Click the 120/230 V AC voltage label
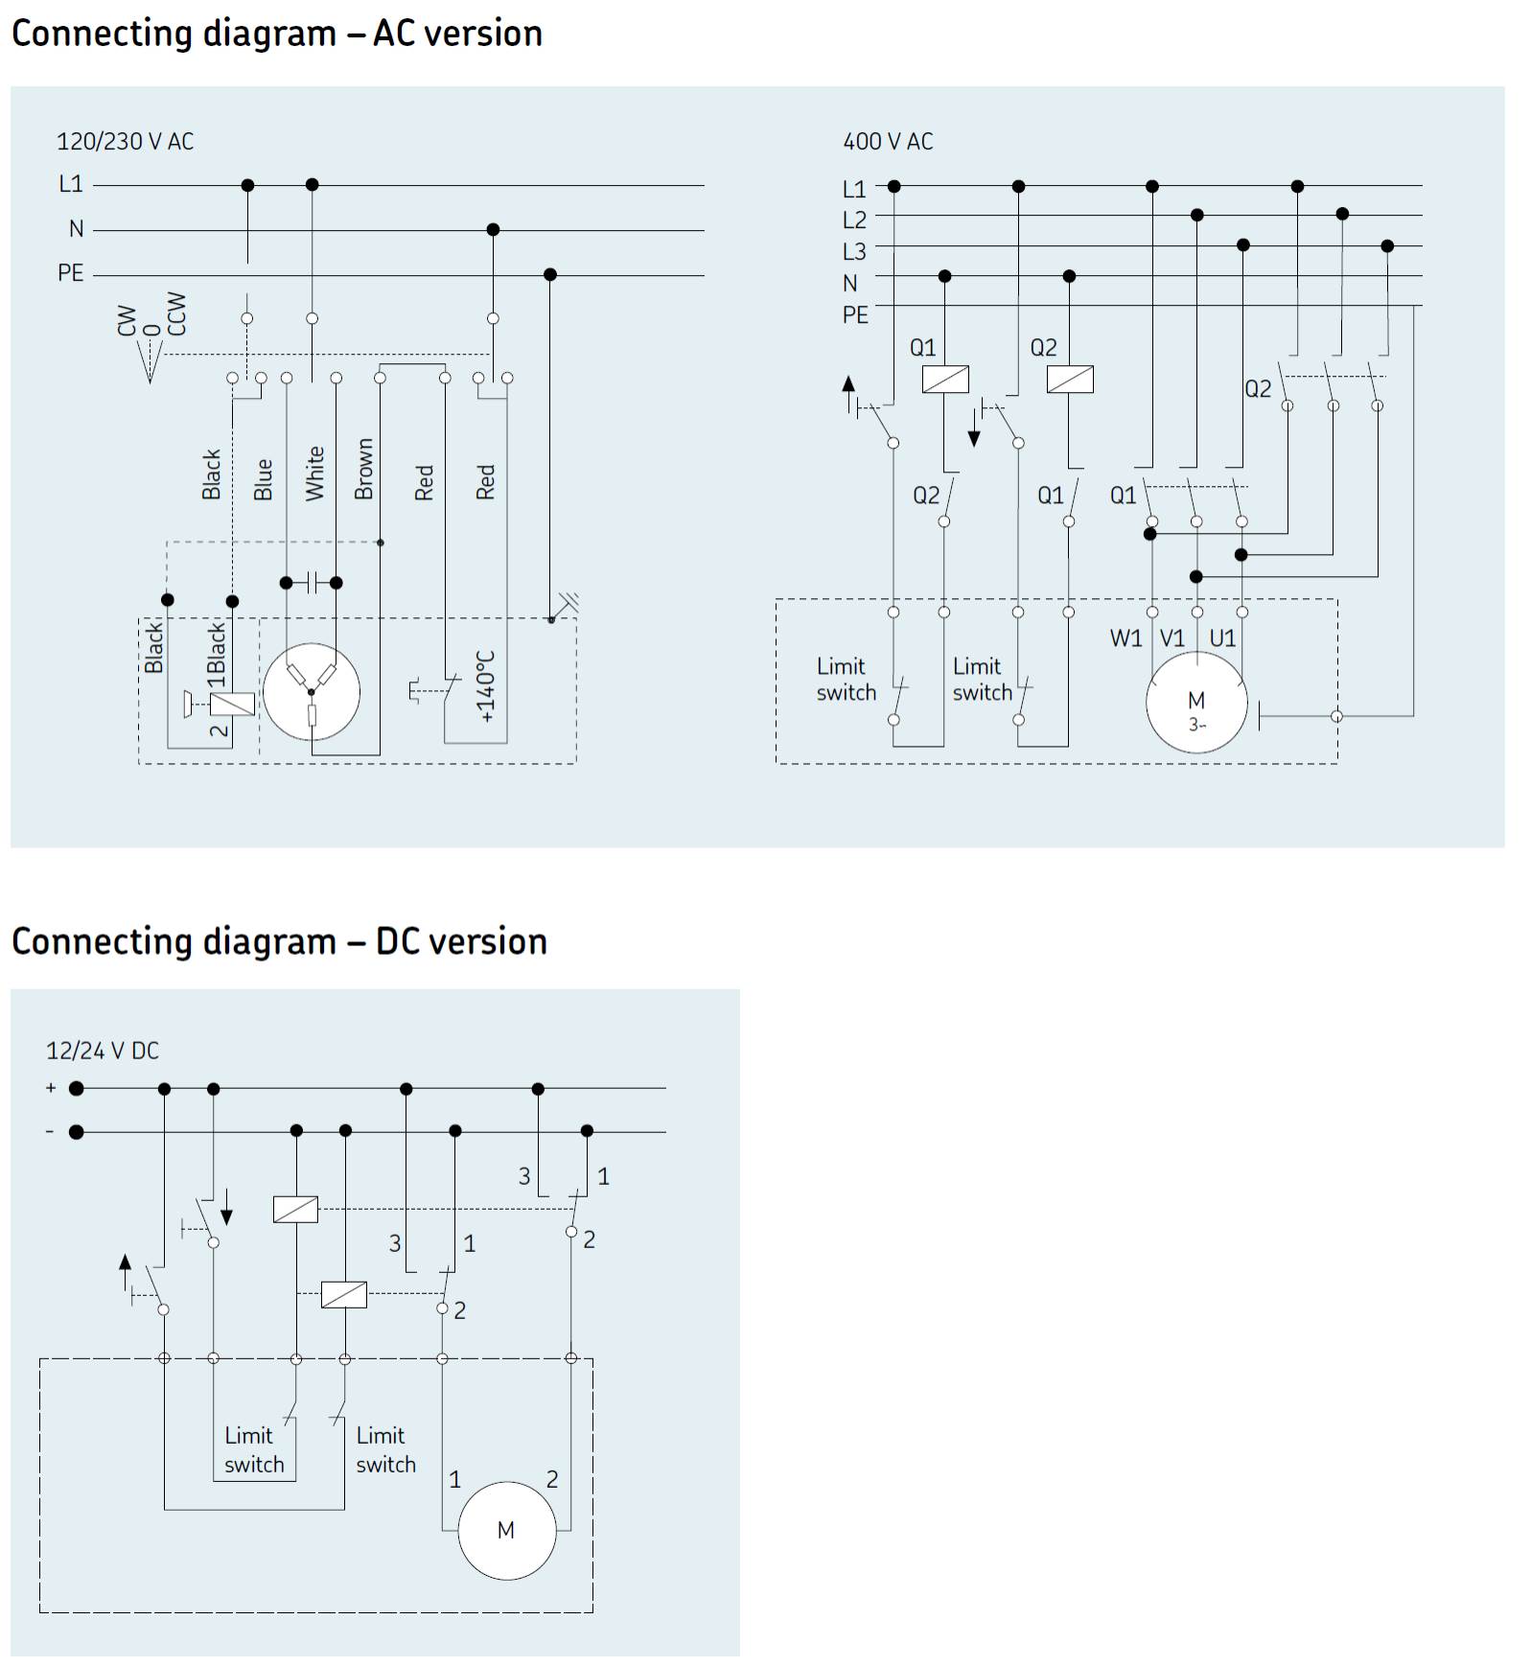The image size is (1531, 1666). pos(125,142)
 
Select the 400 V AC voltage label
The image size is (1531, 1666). pos(888,142)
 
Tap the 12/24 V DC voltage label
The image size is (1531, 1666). pos(103,1051)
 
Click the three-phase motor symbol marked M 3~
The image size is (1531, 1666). pos(1196,704)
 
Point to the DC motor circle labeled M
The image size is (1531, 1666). pos(506,1531)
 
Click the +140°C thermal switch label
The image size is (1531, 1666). pos(486,686)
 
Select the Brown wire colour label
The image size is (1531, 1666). pos(364,469)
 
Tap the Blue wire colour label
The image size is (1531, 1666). pos(264,479)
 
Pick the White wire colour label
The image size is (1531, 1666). pos(314,473)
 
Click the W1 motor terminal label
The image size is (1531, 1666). pos(1125,638)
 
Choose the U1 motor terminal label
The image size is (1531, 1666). pos(1222,638)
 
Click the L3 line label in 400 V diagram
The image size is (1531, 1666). pos(854,252)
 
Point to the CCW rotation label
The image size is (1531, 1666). pos(176,314)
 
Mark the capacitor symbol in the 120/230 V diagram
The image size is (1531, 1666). pos(311,583)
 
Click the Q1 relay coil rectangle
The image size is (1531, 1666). pos(945,380)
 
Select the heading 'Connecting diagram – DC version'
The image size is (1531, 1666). pos(279,941)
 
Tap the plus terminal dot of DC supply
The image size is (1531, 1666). pos(77,1088)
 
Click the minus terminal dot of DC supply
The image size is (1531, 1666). pos(77,1132)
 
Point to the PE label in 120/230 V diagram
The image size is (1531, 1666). pos(71,274)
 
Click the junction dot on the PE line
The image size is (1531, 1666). pos(549,275)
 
